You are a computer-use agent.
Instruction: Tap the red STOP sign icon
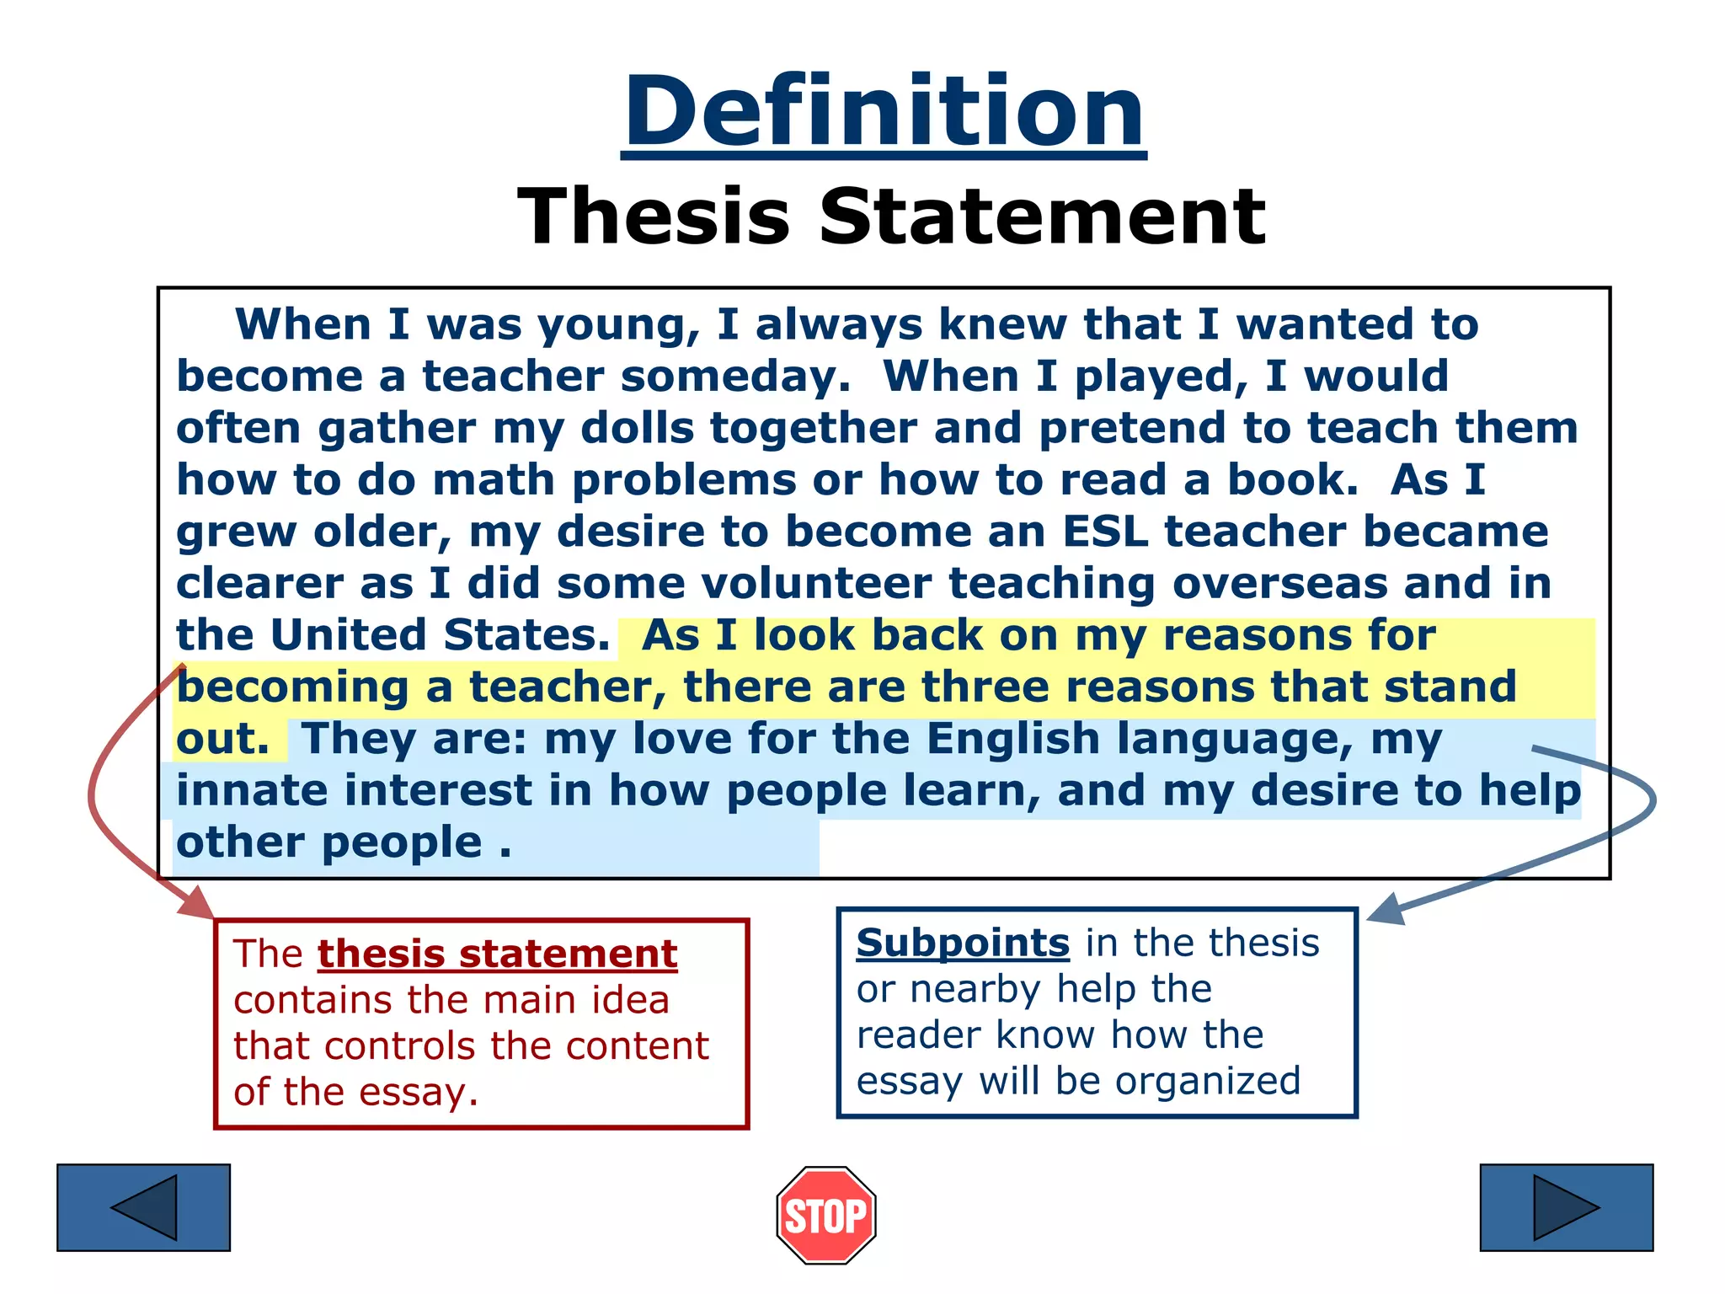[x=825, y=1215]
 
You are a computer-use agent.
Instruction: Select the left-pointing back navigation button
[x=143, y=1207]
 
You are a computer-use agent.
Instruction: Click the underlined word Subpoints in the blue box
[x=962, y=943]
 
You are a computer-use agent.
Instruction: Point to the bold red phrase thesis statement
[x=497, y=954]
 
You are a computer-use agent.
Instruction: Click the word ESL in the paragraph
[x=1105, y=532]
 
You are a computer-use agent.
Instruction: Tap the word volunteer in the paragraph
[x=815, y=583]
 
